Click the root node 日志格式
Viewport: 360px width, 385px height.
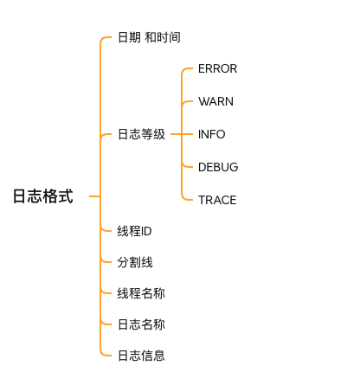tap(43, 196)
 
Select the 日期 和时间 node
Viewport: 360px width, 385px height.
tap(149, 37)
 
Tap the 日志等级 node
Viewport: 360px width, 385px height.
tap(141, 134)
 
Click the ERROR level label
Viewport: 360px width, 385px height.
tap(217, 68)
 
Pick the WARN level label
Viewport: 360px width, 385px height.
tap(215, 101)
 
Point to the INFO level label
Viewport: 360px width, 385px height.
tap(211, 134)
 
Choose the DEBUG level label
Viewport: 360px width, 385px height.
tap(218, 167)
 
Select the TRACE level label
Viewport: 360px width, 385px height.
tap(217, 200)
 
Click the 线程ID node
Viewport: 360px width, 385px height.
tap(134, 231)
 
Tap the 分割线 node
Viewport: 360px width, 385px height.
tap(135, 262)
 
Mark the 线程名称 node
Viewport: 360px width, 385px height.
tap(141, 293)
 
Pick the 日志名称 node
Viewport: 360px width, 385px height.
tap(141, 324)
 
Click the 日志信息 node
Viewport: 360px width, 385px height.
tap(141, 356)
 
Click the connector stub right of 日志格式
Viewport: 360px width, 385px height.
tap(94, 196)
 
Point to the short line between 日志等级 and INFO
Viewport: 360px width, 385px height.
tap(177, 134)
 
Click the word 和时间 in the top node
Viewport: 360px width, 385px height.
tap(163, 37)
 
